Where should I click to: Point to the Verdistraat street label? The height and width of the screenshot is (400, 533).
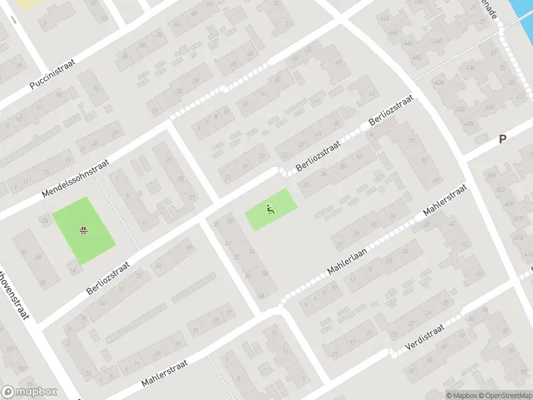point(425,341)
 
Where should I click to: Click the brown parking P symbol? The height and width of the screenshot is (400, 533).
point(503,139)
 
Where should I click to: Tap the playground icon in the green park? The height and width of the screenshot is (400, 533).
point(270,209)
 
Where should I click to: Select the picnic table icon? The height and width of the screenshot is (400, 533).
point(84,231)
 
